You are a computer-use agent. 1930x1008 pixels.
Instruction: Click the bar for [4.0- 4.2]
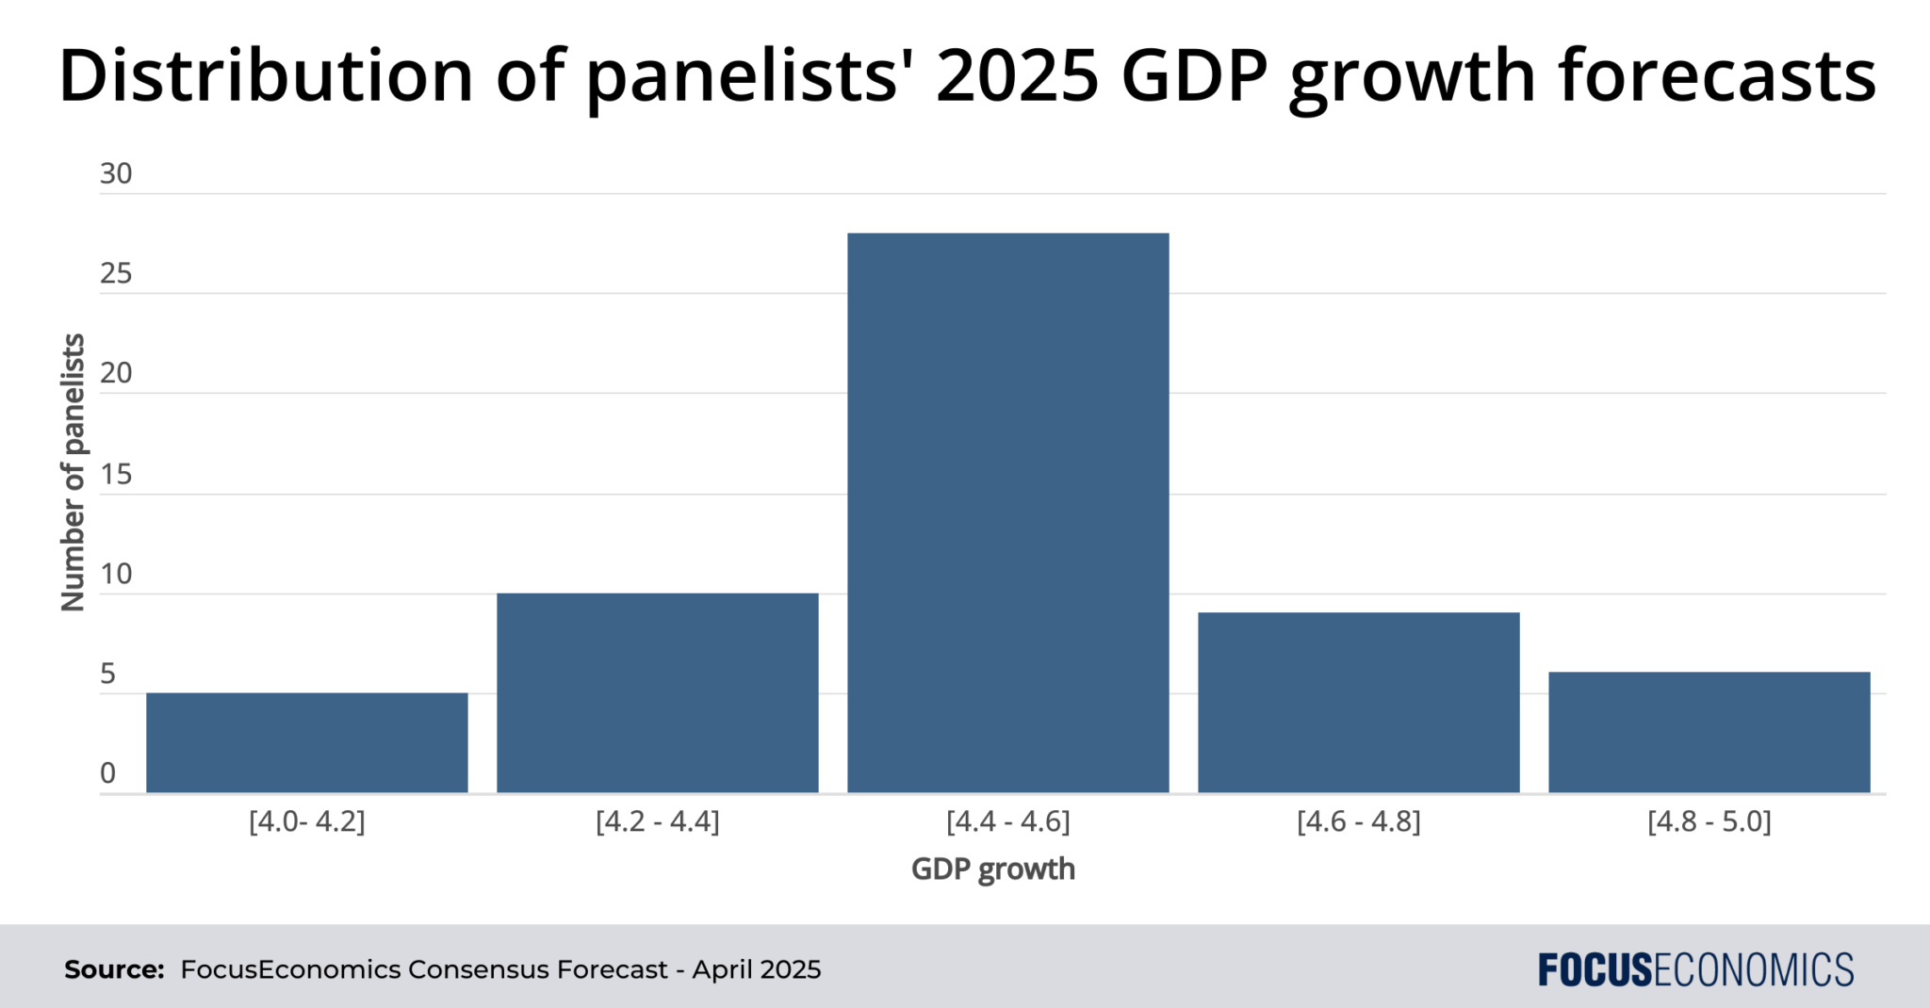tap(306, 742)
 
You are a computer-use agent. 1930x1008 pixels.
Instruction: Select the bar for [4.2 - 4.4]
tap(657, 692)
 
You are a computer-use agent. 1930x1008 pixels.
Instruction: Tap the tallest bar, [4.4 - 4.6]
tap(1007, 513)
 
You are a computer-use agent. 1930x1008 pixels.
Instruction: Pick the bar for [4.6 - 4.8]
tap(1358, 703)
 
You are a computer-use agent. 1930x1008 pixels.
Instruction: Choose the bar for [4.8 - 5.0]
tap(1709, 732)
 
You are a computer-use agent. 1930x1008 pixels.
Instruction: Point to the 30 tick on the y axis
tap(116, 173)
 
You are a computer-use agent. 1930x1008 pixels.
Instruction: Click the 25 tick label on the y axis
tap(116, 273)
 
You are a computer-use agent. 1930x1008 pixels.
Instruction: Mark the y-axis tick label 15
tap(116, 474)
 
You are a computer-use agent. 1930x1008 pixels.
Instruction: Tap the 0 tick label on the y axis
tap(107, 773)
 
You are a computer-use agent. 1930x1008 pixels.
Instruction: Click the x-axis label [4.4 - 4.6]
tap(1007, 821)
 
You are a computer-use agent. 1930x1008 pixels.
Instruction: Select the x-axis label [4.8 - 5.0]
tap(1709, 821)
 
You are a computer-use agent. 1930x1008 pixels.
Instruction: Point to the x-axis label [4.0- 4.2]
tap(306, 821)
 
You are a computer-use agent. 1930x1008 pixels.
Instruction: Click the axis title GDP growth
tap(992, 869)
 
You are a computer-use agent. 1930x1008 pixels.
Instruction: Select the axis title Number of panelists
tap(73, 472)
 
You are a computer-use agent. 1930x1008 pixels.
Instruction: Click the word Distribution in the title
tap(265, 75)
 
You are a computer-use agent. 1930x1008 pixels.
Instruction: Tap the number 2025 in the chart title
tap(1017, 75)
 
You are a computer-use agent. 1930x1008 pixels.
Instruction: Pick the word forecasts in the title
tap(1716, 75)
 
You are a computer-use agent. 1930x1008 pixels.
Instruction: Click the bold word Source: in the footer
tap(114, 969)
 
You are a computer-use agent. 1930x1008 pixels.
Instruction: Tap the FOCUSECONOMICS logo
tap(1695, 969)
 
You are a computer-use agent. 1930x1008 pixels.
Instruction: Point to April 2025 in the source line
tap(756, 969)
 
